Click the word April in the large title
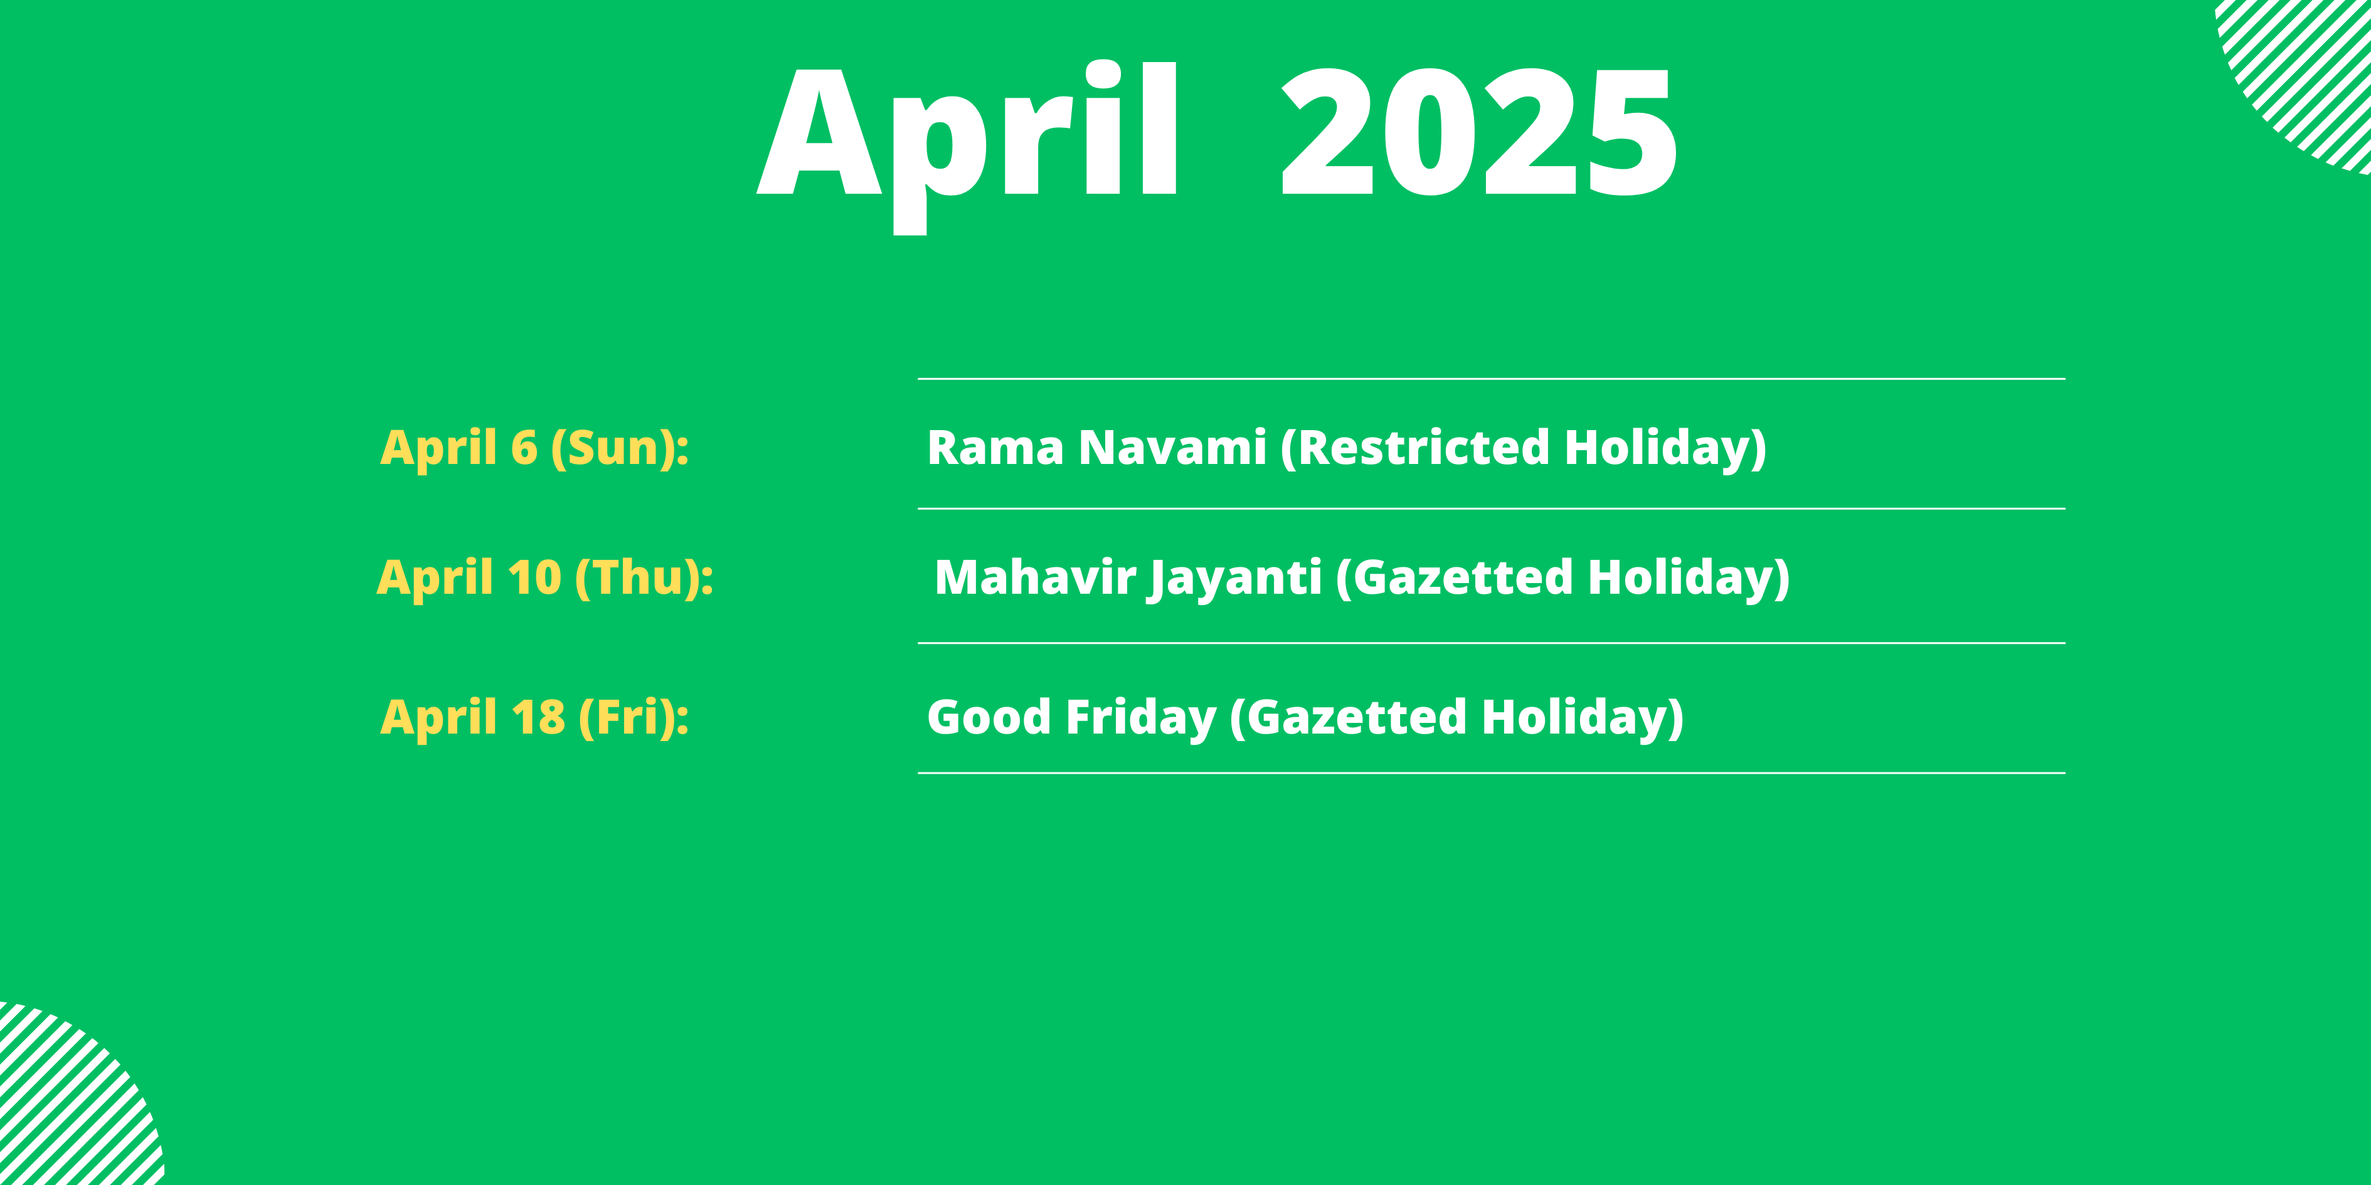click(967, 147)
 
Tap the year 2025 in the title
click(1479, 132)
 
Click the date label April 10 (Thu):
click(545, 579)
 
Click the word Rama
click(995, 448)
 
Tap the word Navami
click(1172, 448)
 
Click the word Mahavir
click(1034, 578)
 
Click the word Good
click(989, 718)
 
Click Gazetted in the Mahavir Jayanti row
click(1454, 579)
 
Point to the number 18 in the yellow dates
click(538, 718)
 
